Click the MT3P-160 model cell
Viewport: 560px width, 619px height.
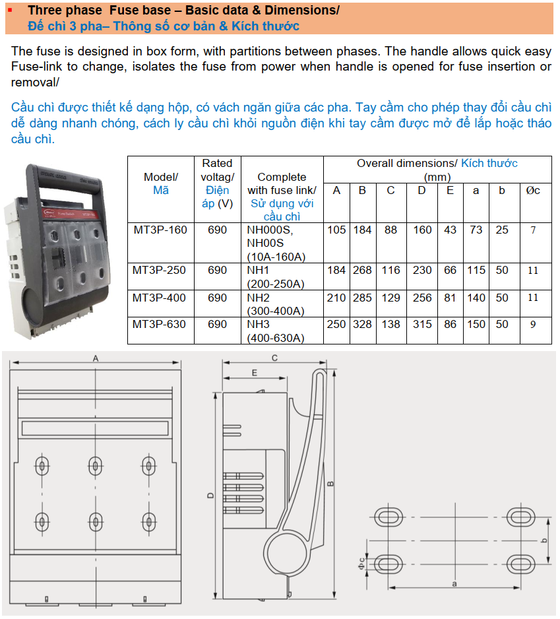tap(160, 230)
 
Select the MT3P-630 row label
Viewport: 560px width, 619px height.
tap(160, 325)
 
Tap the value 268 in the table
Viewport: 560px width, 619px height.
tap(362, 271)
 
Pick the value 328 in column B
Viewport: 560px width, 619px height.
tap(362, 325)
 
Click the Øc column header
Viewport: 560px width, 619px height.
tap(533, 191)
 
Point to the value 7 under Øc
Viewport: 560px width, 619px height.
tap(533, 230)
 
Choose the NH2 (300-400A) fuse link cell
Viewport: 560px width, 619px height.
tap(276, 304)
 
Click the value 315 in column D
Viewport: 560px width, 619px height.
tap(421, 325)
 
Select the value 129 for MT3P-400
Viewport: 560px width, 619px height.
tap(391, 298)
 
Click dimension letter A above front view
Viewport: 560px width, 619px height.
tap(96, 358)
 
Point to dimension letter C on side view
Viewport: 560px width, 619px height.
tap(274, 358)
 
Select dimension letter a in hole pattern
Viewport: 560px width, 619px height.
tap(455, 584)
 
